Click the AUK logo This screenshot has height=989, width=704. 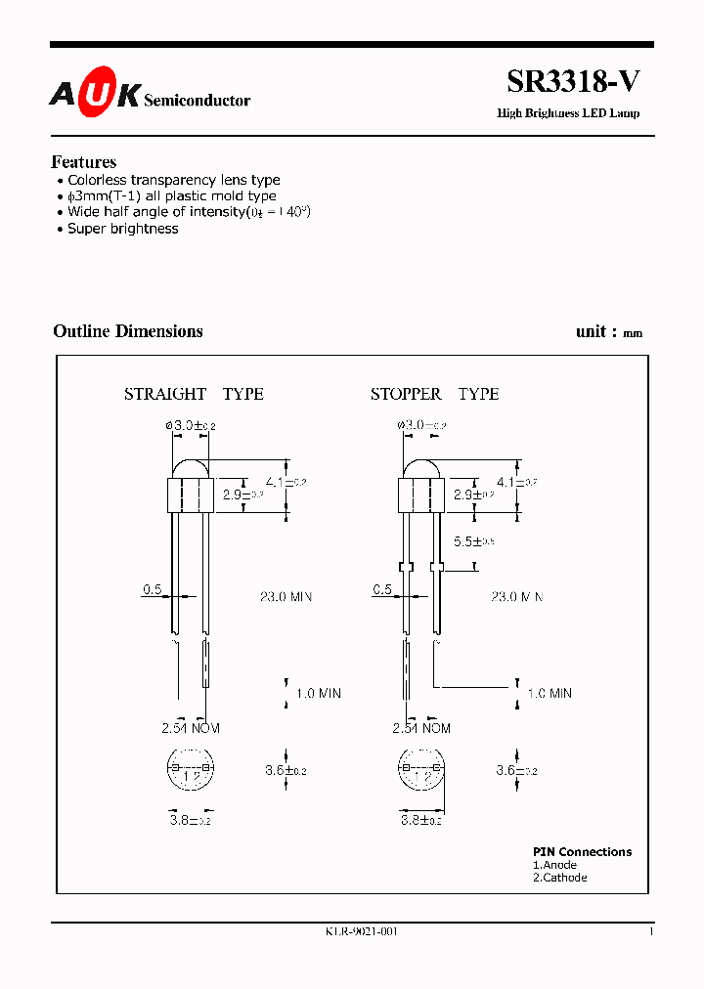(x=95, y=96)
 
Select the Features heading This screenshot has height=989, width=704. (x=84, y=162)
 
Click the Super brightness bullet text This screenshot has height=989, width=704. (x=122, y=229)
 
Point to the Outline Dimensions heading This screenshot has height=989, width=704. (x=128, y=331)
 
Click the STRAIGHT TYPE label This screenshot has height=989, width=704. (x=194, y=394)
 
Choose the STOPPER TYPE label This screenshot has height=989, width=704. (x=434, y=394)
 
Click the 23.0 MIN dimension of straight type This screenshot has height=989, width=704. (x=286, y=596)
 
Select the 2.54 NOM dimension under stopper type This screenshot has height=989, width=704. (x=421, y=728)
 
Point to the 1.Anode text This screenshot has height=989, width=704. (x=554, y=865)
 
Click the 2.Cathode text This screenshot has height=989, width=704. (x=560, y=878)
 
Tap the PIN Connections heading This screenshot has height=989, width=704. (x=582, y=852)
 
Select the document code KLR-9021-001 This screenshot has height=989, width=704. (x=362, y=931)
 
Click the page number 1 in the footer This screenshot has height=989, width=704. (x=650, y=931)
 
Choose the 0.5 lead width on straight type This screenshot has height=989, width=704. (x=153, y=589)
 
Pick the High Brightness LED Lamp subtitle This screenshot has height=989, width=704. (x=568, y=113)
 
